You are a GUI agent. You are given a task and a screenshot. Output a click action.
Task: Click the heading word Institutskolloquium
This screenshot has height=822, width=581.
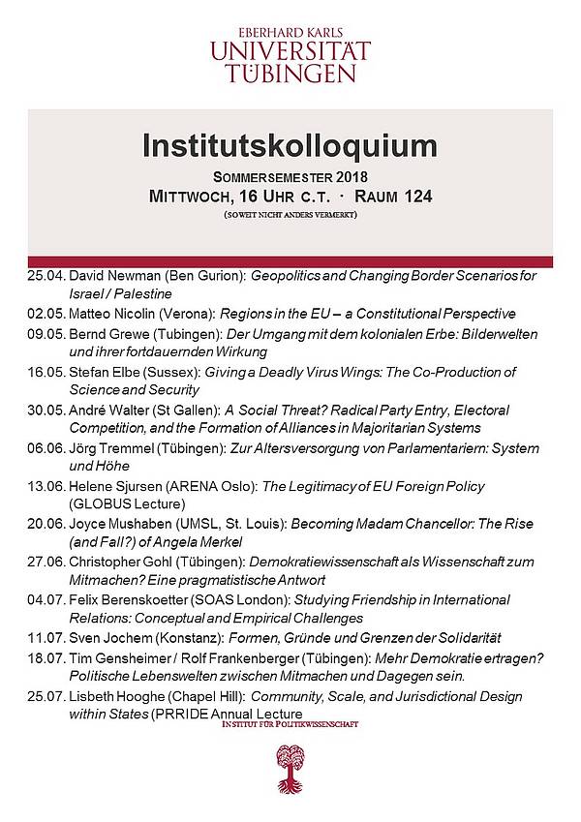(x=290, y=146)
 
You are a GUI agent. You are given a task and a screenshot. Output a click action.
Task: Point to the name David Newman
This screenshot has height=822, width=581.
(x=110, y=277)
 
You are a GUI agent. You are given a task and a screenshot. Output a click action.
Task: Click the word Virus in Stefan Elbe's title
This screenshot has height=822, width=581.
(x=360, y=372)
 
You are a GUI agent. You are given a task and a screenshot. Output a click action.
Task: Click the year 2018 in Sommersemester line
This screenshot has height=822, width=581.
(x=334, y=178)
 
